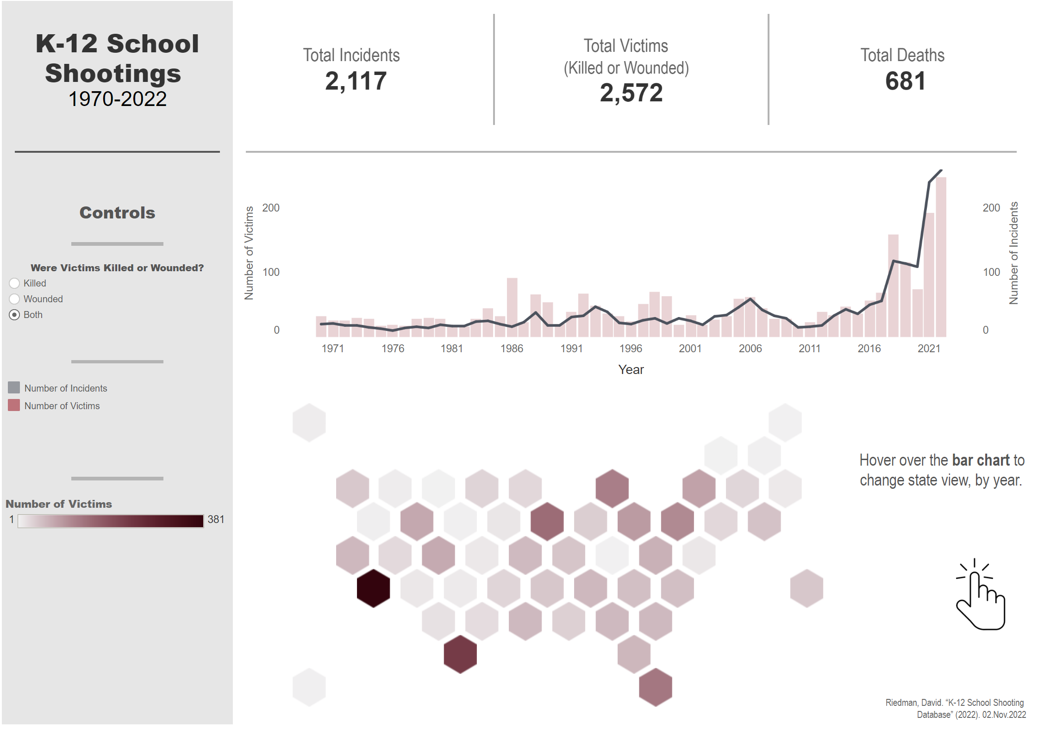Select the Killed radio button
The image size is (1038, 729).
[14, 283]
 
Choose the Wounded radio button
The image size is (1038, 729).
[14, 299]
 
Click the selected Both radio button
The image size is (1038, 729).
[14, 315]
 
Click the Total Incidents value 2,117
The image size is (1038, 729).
[356, 81]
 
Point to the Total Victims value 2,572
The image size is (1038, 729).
[631, 93]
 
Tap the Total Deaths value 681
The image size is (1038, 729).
[905, 81]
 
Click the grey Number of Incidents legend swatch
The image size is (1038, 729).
[14, 387]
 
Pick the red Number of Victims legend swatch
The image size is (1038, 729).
[14, 405]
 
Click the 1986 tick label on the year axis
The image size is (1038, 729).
[512, 349]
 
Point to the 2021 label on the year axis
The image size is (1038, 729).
[929, 349]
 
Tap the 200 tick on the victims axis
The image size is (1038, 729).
[271, 208]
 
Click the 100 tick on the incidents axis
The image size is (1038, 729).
[991, 272]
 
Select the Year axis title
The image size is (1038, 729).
[631, 369]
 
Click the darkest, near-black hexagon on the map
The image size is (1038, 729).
[373, 588]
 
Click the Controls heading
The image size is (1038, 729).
[117, 212]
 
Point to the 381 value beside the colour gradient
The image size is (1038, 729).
[216, 519]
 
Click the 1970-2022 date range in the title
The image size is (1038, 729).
[118, 99]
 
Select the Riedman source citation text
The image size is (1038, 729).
[956, 709]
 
